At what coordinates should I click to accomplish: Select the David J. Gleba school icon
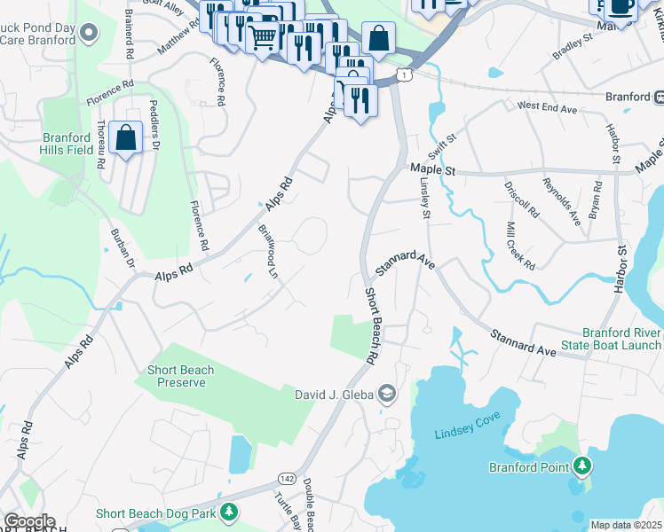click(387, 392)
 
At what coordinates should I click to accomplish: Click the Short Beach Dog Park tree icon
click(229, 512)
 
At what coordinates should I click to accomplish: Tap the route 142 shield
click(287, 478)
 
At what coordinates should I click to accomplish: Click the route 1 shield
click(404, 76)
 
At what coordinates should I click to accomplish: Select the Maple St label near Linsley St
click(432, 168)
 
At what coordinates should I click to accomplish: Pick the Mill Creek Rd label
click(520, 246)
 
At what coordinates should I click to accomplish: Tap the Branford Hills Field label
click(67, 144)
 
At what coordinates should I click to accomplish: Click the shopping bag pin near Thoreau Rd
click(126, 139)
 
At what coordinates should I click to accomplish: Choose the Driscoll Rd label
click(523, 199)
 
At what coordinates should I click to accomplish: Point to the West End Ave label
click(548, 107)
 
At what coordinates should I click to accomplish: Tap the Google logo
click(28, 521)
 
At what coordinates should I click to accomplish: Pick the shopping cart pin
click(263, 38)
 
